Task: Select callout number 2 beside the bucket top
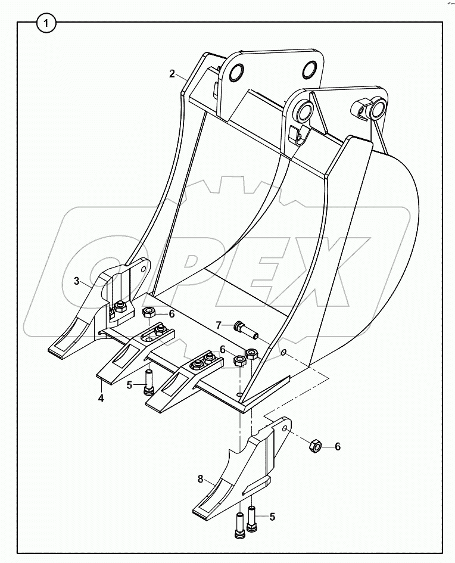(x=172, y=74)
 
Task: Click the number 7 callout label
(x=219, y=325)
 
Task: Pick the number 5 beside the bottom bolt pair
(x=273, y=516)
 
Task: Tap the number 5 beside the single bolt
(x=129, y=385)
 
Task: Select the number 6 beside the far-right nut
(x=338, y=446)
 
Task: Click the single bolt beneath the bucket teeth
(x=148, y=382)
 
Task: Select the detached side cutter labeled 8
(x=238, y=471)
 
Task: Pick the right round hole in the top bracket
(x=310, y=69)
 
